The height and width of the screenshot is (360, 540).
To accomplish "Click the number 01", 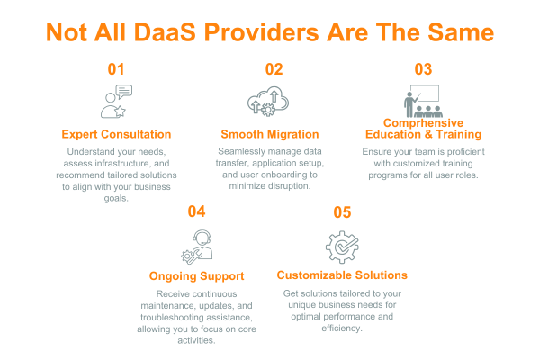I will pos(116,69).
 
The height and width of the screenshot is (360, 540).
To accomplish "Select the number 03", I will pos(424,69).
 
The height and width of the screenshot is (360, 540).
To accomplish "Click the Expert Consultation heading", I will pos(116,134).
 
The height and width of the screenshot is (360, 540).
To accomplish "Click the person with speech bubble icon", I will pos(116,102).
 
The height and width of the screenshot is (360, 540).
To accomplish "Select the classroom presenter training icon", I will pos(423,101).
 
